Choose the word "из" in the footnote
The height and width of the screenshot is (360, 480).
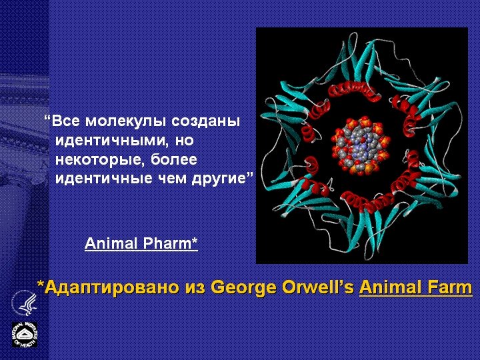point(195,288)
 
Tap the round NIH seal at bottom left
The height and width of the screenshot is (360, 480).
point(24,334)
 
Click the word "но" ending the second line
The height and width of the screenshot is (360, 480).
point(184,141)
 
